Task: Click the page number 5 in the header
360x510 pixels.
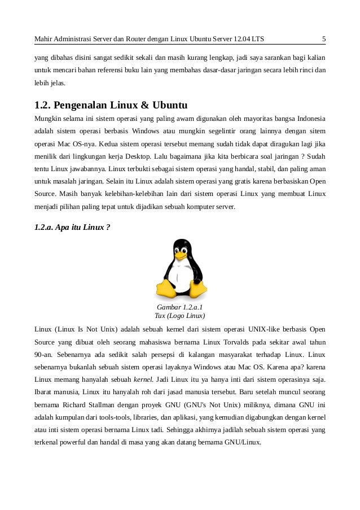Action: pos(323,39)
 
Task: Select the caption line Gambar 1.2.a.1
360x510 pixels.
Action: pos(179,307)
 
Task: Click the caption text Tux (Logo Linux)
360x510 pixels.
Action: pos(179,316)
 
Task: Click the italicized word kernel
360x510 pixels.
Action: pos(143,379)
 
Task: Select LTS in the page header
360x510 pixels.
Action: pos(258,39)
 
